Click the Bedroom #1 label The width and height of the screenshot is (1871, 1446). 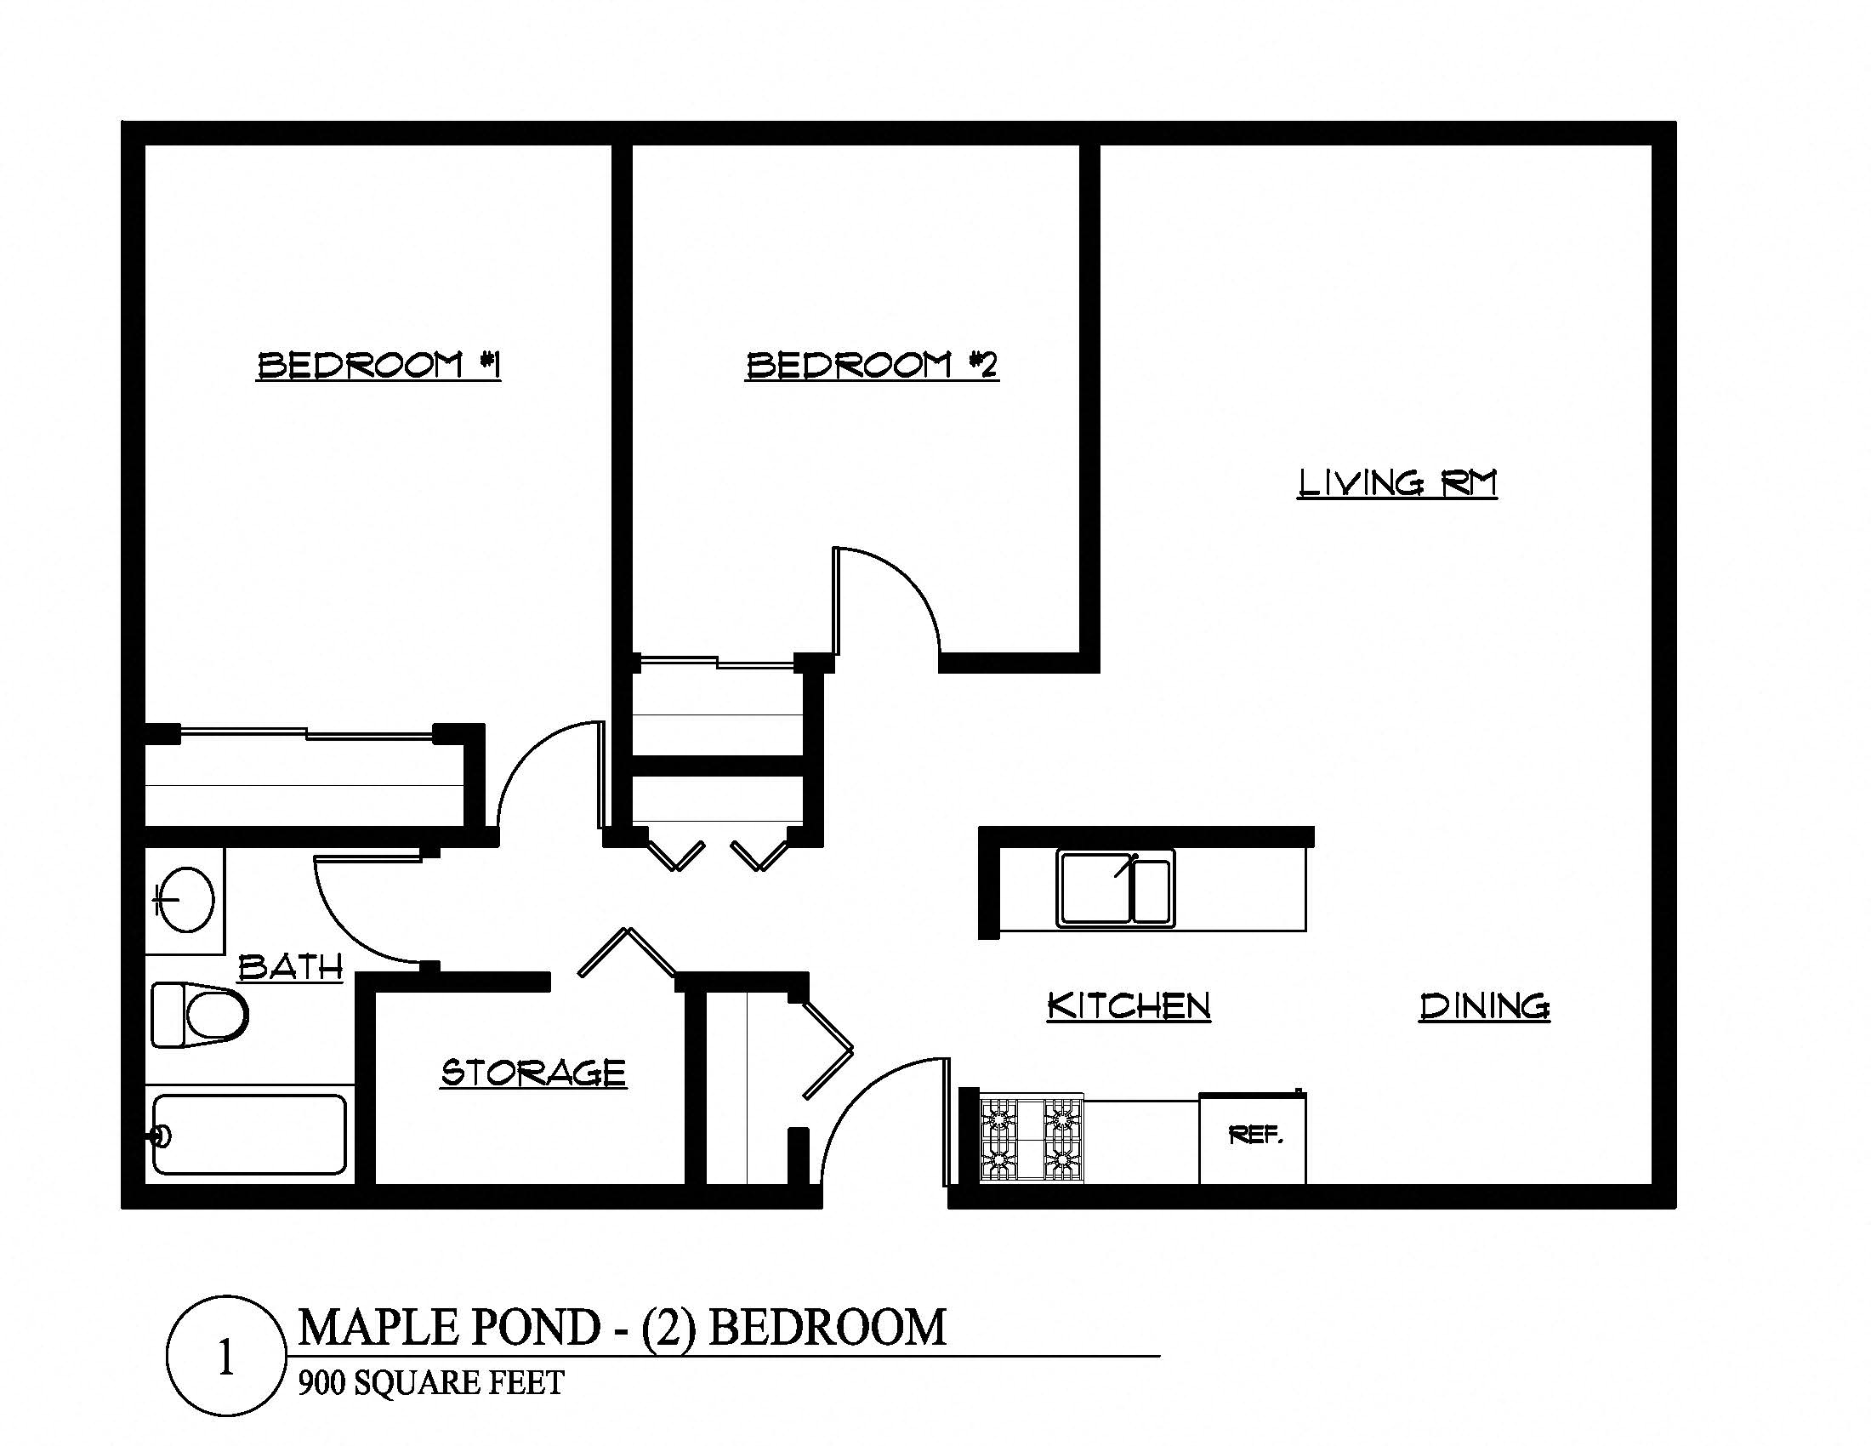pyautogui.click(x=378, y=366)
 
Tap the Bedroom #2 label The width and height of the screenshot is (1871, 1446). pyautogui.click(x=871, y=366)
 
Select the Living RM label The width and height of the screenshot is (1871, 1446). pyautogui.click(x=1396, y=483)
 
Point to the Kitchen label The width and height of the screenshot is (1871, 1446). pyautogui.click(x=1129, y=1005)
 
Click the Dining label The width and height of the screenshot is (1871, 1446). pyautogui.click(x=1485, y=1005)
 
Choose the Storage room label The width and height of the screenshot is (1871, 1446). pyautogui.click(x=533, y=1073)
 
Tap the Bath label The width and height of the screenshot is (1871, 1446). pyautogui.click(x=290, y=967)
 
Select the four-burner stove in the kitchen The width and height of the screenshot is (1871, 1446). pyautogui.click(x=1032, y=1139)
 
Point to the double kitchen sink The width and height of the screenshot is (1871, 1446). pyautogui.click(x=1116, y=888)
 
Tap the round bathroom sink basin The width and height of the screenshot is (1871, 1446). pyautogui.click(x=187, y=899)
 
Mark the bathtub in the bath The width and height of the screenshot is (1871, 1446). pyautogui.click(x=249, y=1135)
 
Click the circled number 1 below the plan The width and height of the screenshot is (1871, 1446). pyautogui.click(x=226, y=1355)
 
